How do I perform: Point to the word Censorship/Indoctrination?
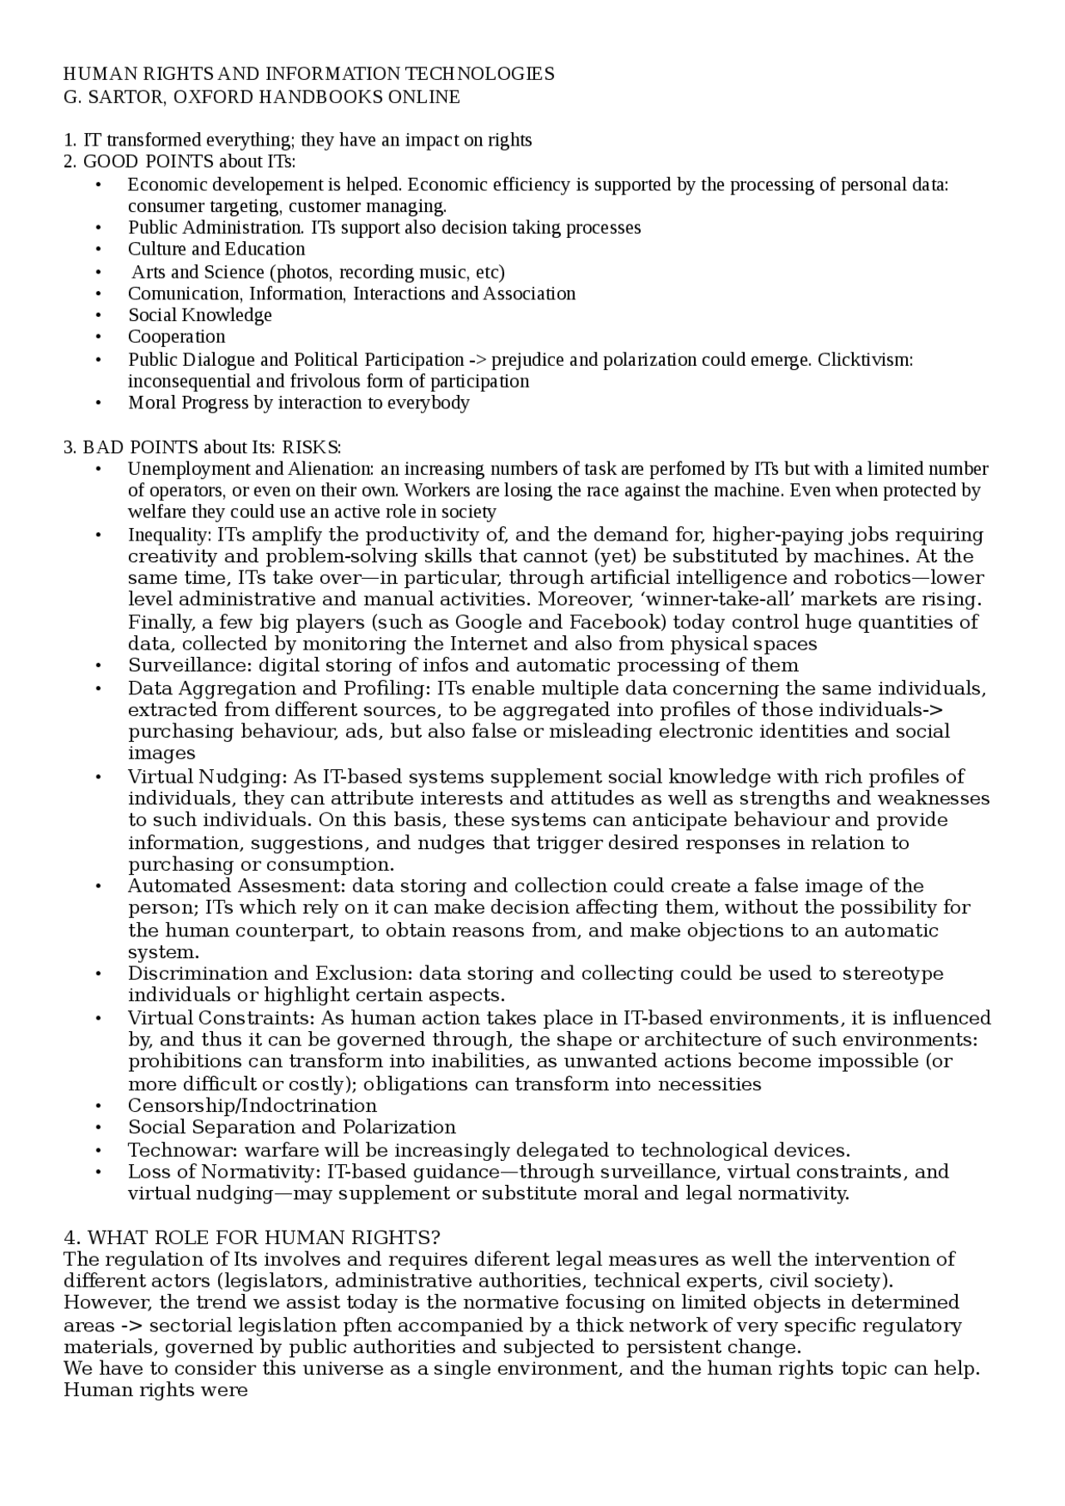coord(252,1106)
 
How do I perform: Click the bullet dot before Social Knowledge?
coord(99,316)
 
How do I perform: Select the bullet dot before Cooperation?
coord(99,338)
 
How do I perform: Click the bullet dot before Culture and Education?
coord(99,249)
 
